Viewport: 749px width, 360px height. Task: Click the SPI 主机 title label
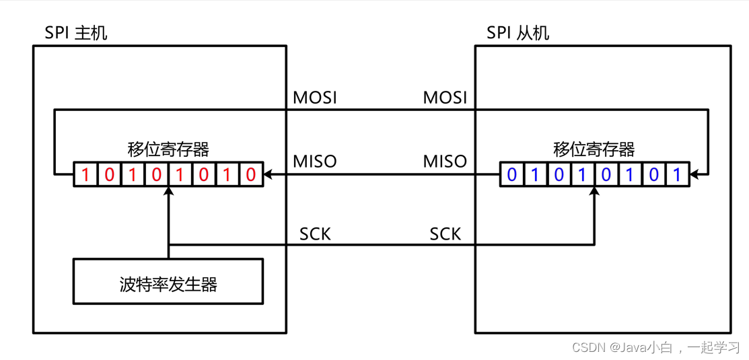[75, 33]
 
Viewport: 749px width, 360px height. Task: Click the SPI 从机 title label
[518, 33]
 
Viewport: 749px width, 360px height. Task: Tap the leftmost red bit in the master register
[85, 175]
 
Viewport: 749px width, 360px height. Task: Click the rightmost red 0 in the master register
[251, 175]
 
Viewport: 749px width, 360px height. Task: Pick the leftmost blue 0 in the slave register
[512, 175]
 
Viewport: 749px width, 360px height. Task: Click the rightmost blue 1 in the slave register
[677, 175]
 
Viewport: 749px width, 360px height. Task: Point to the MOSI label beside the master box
[315, 98]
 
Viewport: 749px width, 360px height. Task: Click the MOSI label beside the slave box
[445, 98]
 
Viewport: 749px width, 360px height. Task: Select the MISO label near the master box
[315, 161]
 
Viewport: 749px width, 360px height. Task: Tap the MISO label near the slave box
[445, 161]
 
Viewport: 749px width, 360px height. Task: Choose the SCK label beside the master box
[315, 234]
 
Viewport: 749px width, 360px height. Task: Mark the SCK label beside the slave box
[445, 234]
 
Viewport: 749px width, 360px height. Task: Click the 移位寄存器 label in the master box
[168, 149]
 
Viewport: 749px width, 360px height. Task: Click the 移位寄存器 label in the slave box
[594, 149]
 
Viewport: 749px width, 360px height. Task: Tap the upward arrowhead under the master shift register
[169, 192]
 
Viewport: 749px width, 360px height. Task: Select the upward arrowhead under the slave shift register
[594, 192]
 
